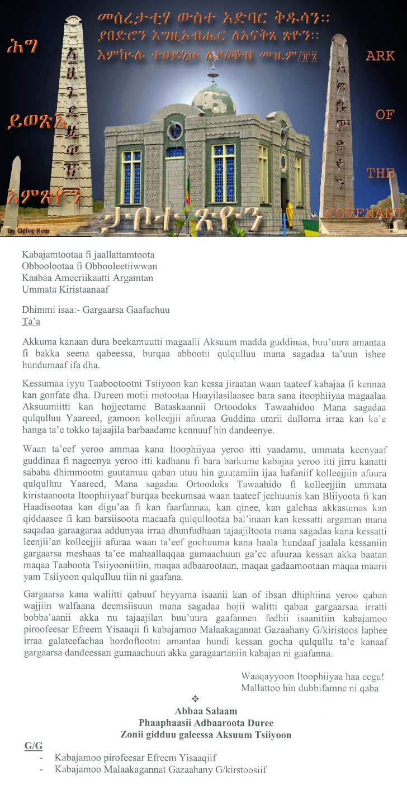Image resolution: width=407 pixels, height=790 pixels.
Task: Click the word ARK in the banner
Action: pos(381,55)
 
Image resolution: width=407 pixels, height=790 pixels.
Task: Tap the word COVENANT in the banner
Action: pos(365,213)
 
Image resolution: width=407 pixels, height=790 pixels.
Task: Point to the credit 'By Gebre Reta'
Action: pos(20,230)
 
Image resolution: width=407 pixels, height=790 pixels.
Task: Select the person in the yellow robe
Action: pos(289,215)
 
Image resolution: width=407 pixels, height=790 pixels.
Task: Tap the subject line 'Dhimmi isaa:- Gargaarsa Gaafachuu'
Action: pos(95,310)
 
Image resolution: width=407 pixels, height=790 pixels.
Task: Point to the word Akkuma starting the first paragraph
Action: pos(38,342)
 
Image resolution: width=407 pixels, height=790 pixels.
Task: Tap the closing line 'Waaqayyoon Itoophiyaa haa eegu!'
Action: pos(312,677)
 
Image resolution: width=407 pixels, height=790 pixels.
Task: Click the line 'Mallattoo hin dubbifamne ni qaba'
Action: pos(309,688)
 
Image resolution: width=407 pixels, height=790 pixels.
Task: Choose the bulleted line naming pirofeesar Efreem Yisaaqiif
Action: pos(135,758)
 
